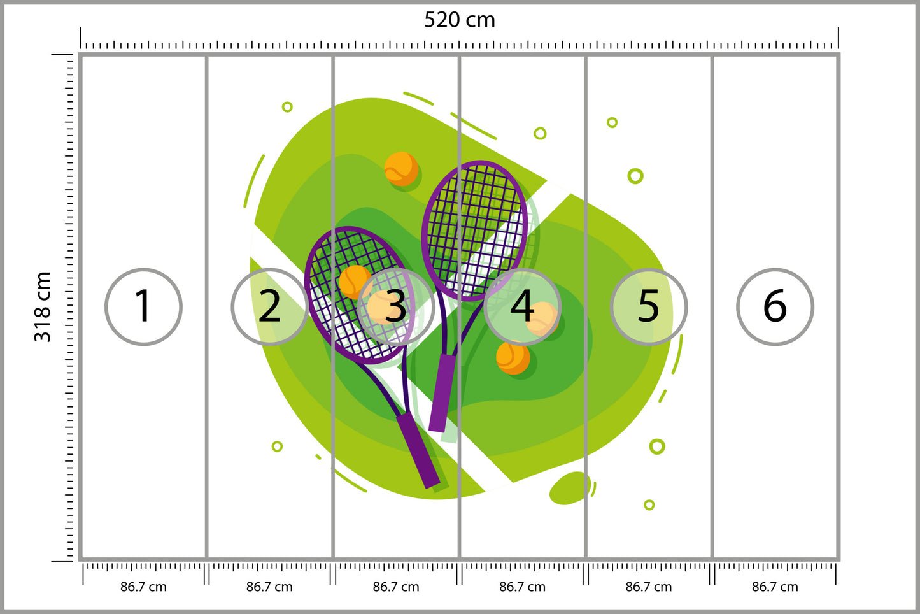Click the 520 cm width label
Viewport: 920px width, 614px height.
[459, 20]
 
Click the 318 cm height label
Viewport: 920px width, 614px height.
[42, 306]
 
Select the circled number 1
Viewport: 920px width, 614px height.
[143, 306]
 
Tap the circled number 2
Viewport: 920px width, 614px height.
[269, 306]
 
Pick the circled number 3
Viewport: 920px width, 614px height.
[396, 306]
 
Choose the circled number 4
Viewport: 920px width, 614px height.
[523, 306]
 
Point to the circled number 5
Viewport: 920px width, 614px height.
[649, 306]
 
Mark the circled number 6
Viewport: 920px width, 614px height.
[775, 306]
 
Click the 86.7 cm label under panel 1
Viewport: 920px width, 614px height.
[143, 587]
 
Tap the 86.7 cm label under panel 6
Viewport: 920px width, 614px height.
[775, 587]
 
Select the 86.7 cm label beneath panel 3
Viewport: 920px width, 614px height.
[396, 587]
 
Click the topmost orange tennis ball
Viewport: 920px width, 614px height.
[401, 169]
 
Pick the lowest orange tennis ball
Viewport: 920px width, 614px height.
[513, 357]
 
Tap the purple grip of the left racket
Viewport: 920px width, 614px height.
[418, 450]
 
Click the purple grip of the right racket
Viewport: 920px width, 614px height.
[442, 393]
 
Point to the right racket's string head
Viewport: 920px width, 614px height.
[475, 230]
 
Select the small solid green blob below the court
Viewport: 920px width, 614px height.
[570, 487]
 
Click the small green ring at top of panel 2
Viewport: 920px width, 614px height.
[287, 107]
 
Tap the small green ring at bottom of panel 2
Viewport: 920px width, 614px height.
[277, 446]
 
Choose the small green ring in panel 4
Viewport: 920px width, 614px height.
[540, 133]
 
